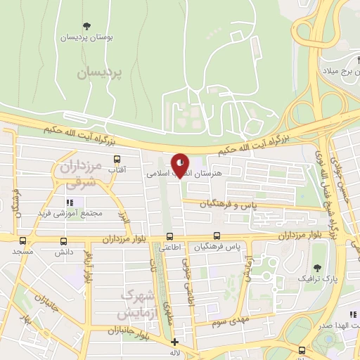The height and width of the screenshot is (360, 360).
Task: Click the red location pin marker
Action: pyautogui.click(x=181, y=165)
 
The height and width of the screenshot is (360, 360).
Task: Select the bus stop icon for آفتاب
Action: pyautogui.click(x=117, y=160)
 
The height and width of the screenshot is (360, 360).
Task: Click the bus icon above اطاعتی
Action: pyautogui.click(x=169, y=237)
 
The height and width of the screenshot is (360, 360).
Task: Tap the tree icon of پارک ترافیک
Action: pyautogui.click(x=318, y=269)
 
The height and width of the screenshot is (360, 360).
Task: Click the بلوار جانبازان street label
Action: pyautogui.click(x=131, y=330)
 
